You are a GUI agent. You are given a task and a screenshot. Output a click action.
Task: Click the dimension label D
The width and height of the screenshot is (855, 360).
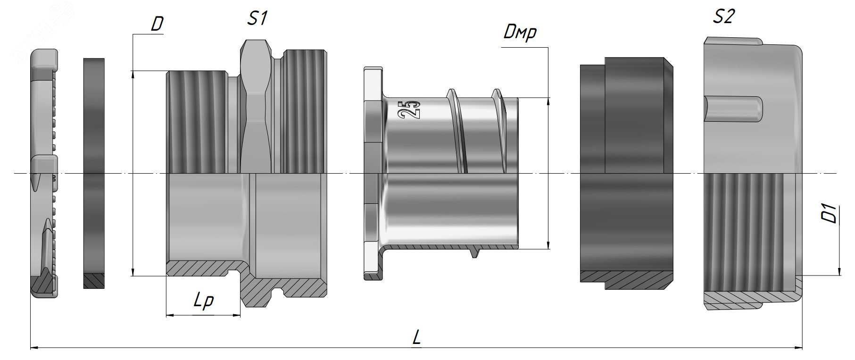[x=157, y=25]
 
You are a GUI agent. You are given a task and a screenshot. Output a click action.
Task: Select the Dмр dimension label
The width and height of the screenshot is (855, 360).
[x=520, y=33]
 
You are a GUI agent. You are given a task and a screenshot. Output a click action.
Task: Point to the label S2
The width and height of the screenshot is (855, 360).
[x=723, y=17]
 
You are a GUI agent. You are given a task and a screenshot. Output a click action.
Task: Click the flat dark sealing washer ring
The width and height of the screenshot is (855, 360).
[x=94, y=173]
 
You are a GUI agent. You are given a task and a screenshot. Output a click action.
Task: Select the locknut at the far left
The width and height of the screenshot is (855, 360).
[x=45, y=173]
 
